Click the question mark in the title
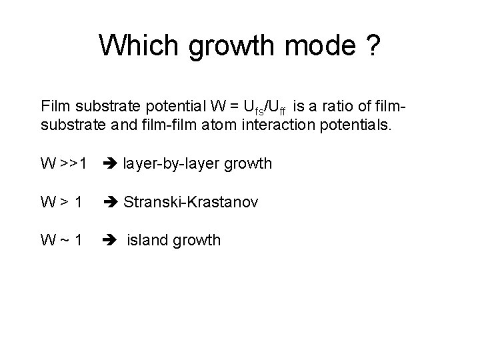point(373,45)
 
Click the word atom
point(217,124)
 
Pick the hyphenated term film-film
point(167,124)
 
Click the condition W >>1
point(63,163)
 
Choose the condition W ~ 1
point(61,239)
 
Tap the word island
point(147,239)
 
